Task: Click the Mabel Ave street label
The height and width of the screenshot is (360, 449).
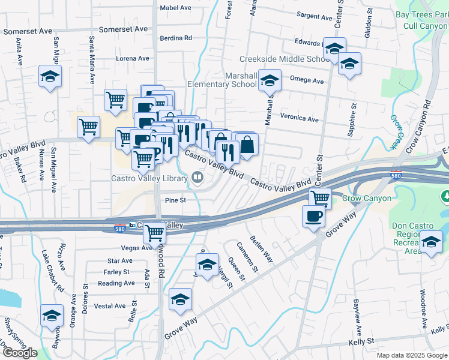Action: coord(175,8)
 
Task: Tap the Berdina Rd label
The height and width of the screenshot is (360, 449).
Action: coord(176,38)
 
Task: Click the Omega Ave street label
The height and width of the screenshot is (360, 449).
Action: coord(306,82)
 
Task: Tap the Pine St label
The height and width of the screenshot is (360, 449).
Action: coord(175,200)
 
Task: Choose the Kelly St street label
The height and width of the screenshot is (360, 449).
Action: coord(361,341)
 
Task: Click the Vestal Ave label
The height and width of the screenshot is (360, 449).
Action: coord(110,306)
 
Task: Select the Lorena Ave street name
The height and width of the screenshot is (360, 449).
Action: coord(132,58)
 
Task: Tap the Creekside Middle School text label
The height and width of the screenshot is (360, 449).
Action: coord(285,59)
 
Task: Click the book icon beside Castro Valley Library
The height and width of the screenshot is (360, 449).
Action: coord(197,177)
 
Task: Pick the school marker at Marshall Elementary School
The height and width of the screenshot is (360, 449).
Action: coord(270,80)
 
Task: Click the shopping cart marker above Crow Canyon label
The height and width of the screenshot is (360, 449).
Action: coord(320,197)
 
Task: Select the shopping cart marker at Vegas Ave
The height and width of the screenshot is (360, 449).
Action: coord(155,231)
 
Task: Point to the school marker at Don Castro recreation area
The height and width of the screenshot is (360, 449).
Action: coord(430,242)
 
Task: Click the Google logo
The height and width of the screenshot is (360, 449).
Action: coord(20,353)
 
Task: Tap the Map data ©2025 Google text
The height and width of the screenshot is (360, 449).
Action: coord(412,355)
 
